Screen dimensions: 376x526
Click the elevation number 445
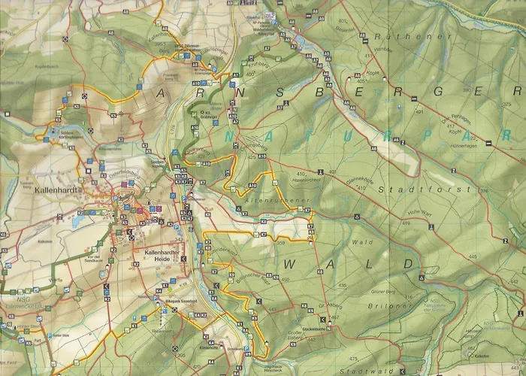(515, 258)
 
